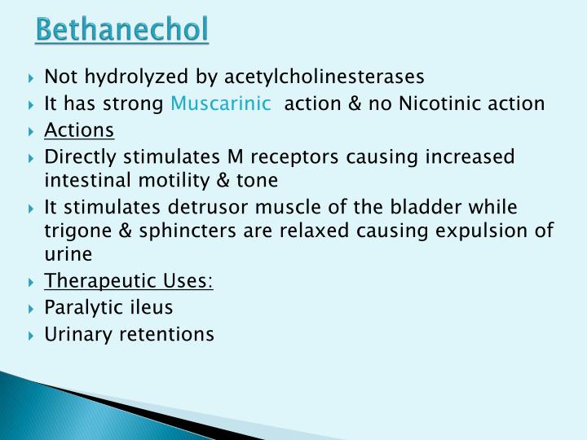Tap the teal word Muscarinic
tap(220, 103)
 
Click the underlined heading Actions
tap(79, 130)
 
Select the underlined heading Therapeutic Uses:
tap(129, 281)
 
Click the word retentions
tap(168, 334)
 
